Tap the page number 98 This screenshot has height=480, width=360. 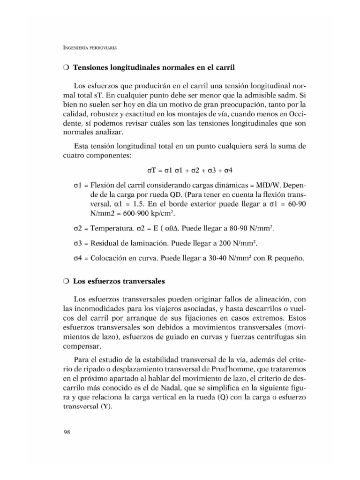point(67,432)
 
